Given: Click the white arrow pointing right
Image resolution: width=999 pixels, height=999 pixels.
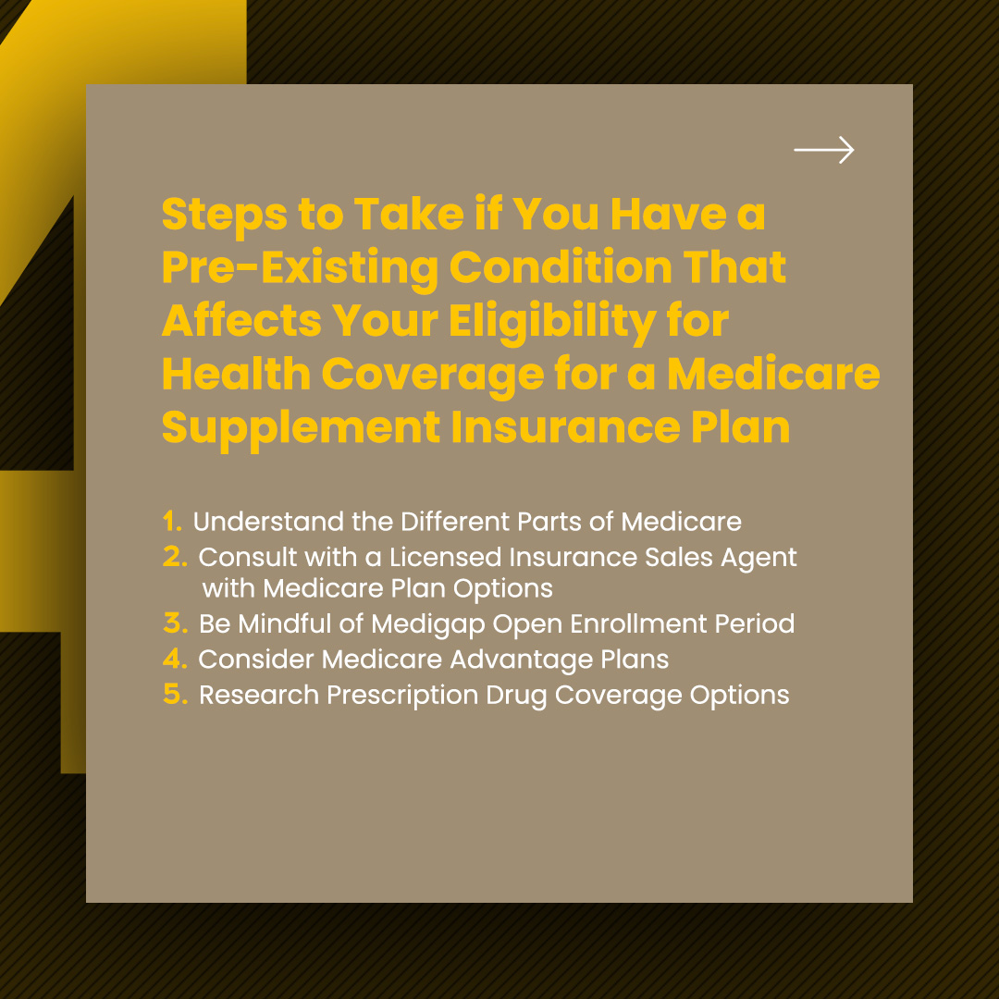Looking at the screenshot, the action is pos(824,150).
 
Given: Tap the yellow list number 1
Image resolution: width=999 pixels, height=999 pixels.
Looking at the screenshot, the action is pos(172,521).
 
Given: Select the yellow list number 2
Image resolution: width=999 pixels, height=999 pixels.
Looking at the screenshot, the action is pos(175,557).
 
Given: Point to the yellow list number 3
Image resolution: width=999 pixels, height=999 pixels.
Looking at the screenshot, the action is pos(176,623).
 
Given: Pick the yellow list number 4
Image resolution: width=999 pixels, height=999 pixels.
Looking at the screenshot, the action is pos(175,659).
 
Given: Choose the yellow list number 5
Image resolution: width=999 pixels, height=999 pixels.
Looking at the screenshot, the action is pos(176,695).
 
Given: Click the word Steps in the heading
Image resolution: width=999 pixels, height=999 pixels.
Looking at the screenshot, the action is pos(224,216).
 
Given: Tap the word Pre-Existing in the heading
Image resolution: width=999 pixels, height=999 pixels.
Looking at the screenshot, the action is pos(300,268).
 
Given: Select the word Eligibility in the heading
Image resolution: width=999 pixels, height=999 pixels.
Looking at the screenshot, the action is pos(552,322).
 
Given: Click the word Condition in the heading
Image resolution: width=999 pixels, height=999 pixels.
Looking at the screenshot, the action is pos(561,267).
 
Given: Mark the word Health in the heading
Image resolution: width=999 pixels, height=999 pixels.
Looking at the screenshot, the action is pos(237,374).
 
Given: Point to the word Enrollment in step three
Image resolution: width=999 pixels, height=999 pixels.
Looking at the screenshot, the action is pos(638,623).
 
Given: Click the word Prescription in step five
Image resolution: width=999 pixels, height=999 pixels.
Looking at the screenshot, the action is pos(402,696).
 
